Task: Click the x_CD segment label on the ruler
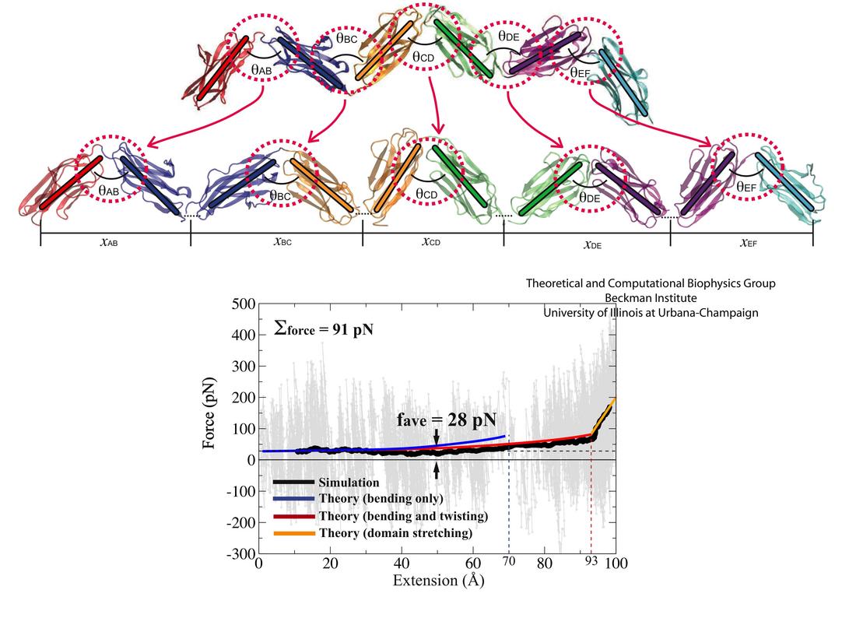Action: (430, 242)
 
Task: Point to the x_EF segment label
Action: (748, 243)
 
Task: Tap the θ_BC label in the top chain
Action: (347, 37)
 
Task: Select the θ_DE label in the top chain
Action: (508, 37)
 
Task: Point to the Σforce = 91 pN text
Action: (325, 328)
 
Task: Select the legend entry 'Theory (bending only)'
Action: (380, 499)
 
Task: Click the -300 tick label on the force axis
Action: (235, 553)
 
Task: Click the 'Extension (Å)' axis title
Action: (438, 580)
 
